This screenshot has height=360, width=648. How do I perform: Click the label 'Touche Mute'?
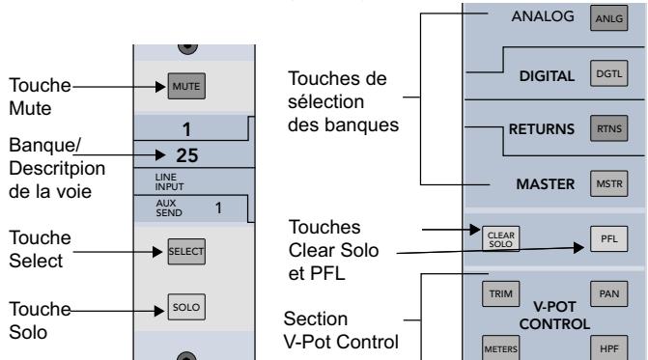pyautogui.click(x=31, y=96)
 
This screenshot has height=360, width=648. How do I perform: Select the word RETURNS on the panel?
pyautogui.click(x=542, y=127)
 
